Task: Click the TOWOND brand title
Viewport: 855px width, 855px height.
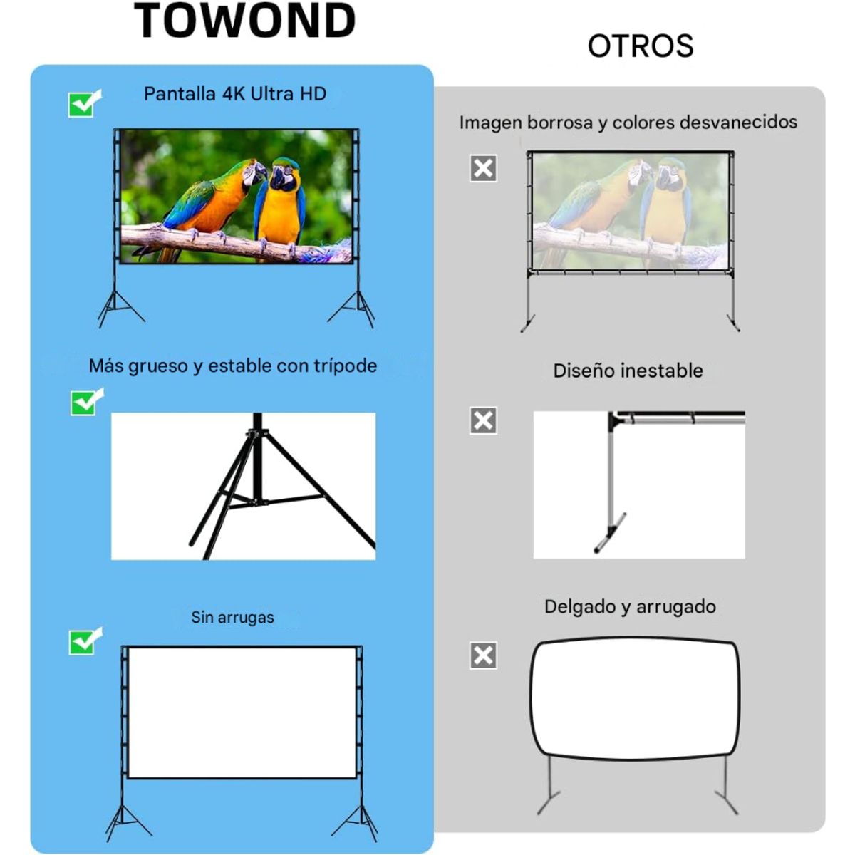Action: click(x=244, y=21)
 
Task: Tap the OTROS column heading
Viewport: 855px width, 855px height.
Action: click(x=640, y=46)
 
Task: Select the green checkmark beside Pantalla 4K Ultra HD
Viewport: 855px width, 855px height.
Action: click(x=84, y=103)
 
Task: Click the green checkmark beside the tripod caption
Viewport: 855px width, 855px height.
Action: click(x=86, y=402)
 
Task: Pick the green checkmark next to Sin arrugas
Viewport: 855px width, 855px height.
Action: click(x=85, y=641)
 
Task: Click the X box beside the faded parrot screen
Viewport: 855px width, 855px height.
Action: click(x=483, y=168)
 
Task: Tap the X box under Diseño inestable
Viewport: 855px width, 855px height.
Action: click(x=483, y=420)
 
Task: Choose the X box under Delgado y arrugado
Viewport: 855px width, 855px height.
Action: click(x=483, y=655)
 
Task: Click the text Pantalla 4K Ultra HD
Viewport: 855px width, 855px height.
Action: click(x=235, y=94)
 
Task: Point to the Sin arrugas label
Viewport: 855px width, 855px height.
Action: click(x=232, y=617)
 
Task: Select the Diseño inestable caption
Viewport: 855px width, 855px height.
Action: click(x=628, y=370)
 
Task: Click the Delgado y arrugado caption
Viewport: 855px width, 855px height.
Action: click(x=630, y=607)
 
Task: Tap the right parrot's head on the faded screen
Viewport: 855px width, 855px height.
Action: click(x=670, y=174)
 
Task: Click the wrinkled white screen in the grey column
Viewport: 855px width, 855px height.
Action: click(x=634, y=698)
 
